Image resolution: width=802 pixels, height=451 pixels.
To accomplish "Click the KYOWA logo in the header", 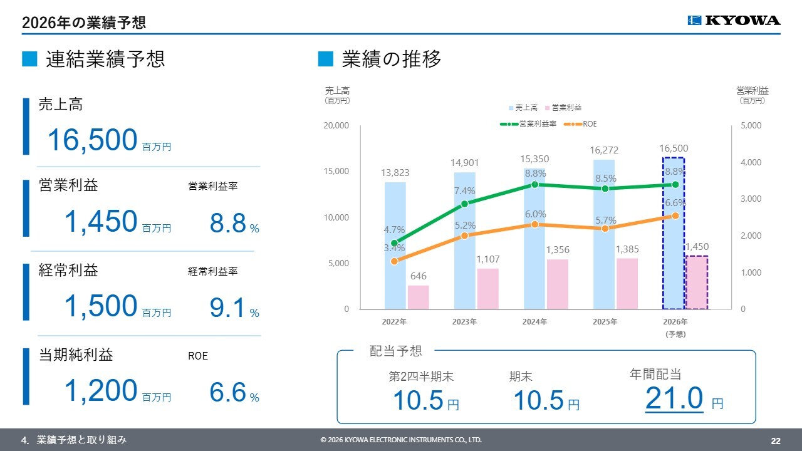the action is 734,21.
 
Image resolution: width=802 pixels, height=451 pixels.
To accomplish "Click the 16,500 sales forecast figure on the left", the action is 92,140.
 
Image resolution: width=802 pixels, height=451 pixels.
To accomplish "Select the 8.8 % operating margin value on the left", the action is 234,222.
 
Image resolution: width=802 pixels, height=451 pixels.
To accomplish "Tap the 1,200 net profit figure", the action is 101,390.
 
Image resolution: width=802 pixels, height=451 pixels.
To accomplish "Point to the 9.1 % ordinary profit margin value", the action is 234,308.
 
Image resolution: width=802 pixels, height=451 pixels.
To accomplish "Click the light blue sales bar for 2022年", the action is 395,246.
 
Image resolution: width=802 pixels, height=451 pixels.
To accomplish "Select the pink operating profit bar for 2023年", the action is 487,289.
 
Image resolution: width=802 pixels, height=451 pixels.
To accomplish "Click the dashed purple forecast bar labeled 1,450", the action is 697,283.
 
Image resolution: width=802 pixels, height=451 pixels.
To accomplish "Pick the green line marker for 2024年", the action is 534,184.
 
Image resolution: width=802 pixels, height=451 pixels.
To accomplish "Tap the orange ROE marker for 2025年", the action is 605,229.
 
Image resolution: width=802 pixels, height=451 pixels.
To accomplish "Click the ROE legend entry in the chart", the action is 580,124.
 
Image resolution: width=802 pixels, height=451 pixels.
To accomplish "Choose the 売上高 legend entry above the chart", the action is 523,107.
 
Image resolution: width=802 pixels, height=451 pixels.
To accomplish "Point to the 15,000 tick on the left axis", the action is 336,171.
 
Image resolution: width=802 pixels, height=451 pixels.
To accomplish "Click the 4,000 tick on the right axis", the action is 751,162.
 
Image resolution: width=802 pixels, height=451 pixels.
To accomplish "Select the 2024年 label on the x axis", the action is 534,322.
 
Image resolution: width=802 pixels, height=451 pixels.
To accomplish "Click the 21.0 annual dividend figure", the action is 674,398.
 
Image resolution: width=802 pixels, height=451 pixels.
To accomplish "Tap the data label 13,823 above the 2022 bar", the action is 395,172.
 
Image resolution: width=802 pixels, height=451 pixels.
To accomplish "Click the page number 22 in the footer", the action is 776,440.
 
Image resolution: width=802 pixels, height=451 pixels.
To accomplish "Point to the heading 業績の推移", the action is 392,59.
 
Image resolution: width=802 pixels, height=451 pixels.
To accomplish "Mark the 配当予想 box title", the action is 395,351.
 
